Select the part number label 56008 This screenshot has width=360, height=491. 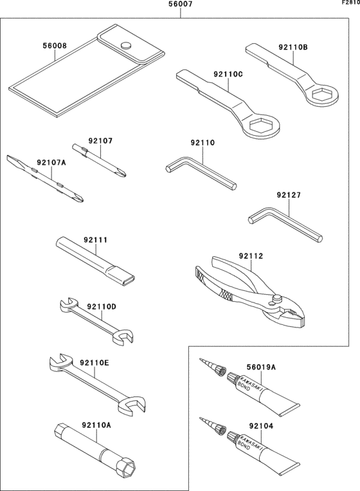(55, 46)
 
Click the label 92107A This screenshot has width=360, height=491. (51, 163)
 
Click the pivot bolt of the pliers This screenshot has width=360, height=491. (277, 298)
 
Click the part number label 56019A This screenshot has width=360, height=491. (261, 367)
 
